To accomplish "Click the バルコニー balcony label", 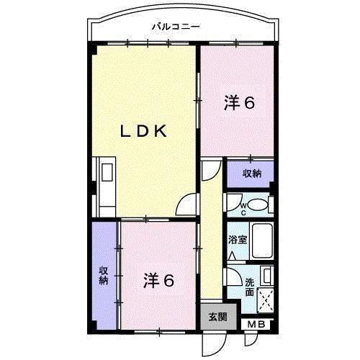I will [176, 27].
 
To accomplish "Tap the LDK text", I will [143, 131].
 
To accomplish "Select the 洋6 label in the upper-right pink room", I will [239, 103].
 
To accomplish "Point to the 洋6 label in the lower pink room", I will [158, 279].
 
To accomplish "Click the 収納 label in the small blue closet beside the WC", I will [251, 174].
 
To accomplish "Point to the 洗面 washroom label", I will [248, 287].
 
